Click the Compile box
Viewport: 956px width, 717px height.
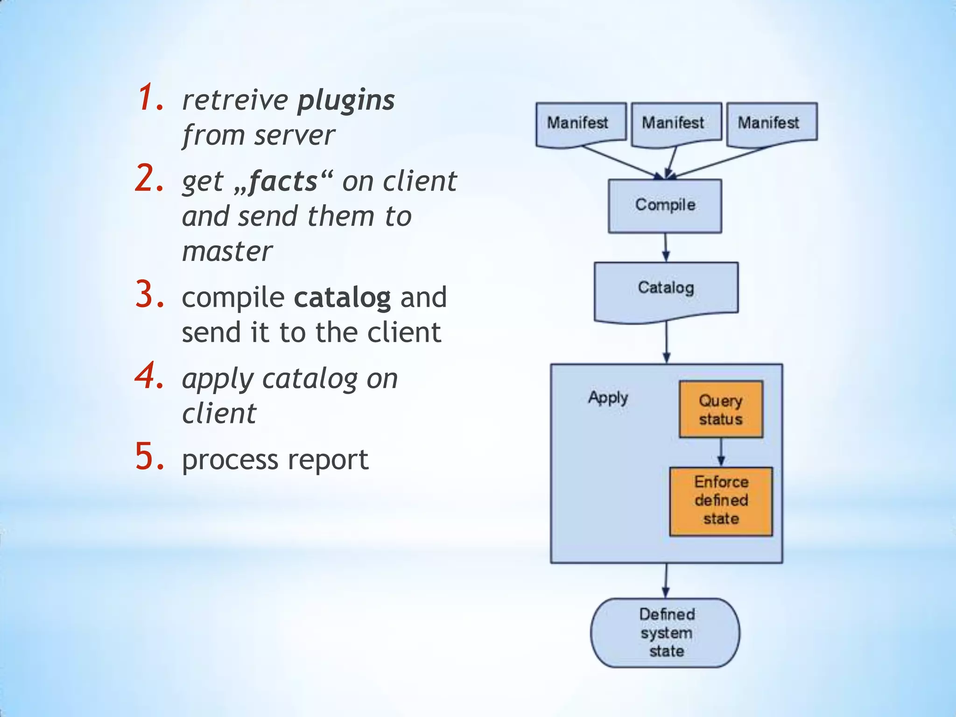point(665,206)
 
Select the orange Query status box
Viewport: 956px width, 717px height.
point(721,409)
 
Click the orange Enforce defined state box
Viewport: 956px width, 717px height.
point(721,501)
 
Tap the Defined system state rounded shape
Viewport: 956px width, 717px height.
point(666,633)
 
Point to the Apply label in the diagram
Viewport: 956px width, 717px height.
point(608,398)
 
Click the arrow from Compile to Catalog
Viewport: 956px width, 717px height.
point(666,247)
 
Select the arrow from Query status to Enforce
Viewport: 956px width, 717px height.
point(721,452)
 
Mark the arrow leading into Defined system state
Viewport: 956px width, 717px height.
point(666,580)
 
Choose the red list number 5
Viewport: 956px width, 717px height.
point(149,457)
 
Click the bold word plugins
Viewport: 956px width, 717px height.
point(346,100)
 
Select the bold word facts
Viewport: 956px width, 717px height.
point(283,181)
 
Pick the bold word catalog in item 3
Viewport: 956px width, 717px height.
point(342,297)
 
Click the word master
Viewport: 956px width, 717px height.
point(227,252)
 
